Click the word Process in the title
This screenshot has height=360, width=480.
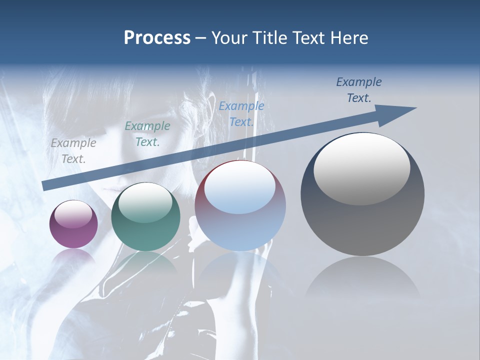[157, 37]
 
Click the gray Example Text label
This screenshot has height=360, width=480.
[73, 151]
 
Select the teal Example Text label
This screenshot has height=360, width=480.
[147, 134]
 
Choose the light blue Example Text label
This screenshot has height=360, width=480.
[241, 113]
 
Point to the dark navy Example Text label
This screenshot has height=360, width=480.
[359, 90]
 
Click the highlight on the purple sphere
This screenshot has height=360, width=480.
[73, 214]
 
